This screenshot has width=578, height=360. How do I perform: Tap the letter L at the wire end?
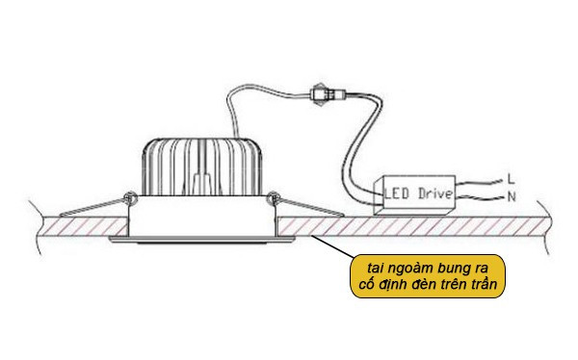[x=510, y=179]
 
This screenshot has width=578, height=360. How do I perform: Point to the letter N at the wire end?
[x=510, y=198]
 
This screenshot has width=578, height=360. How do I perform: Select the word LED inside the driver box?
[x=397, y=193]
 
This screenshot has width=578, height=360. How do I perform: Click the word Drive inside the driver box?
[x=433, y=193]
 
